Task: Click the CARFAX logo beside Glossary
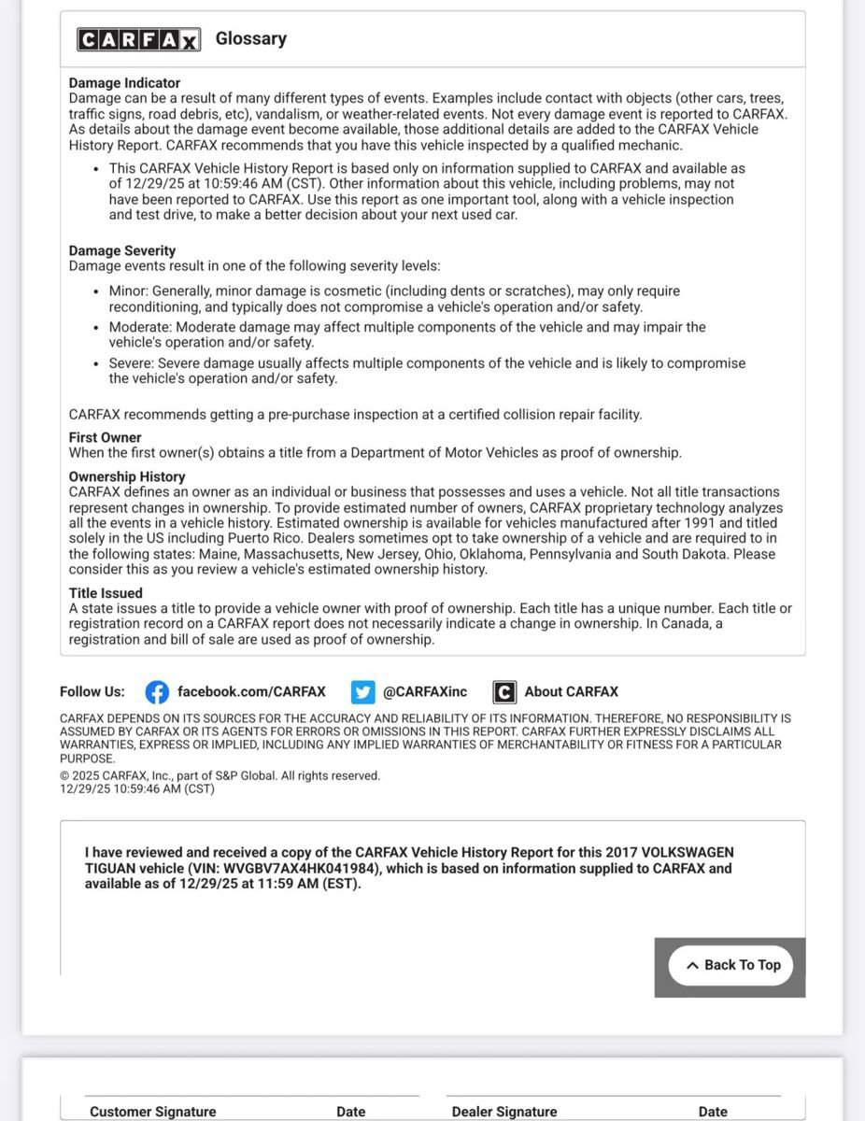coord(138,39)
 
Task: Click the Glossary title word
coord(250,38)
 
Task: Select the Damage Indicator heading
coord(124,83)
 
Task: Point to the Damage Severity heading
coord(122,251)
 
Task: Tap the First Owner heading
coord(106,437)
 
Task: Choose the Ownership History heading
coord(127,476)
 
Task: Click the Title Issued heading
coord(106,593)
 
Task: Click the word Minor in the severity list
coord(128,291)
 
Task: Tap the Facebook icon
coord(157,692)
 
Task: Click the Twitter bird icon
coord(362,692)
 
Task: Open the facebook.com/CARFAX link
coord(251,692)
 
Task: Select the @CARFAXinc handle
coord(424,692)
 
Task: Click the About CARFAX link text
coord(571,692)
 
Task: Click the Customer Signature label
coord(153,1112)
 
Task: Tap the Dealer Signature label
coord(504,1112)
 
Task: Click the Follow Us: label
coord(92,692)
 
